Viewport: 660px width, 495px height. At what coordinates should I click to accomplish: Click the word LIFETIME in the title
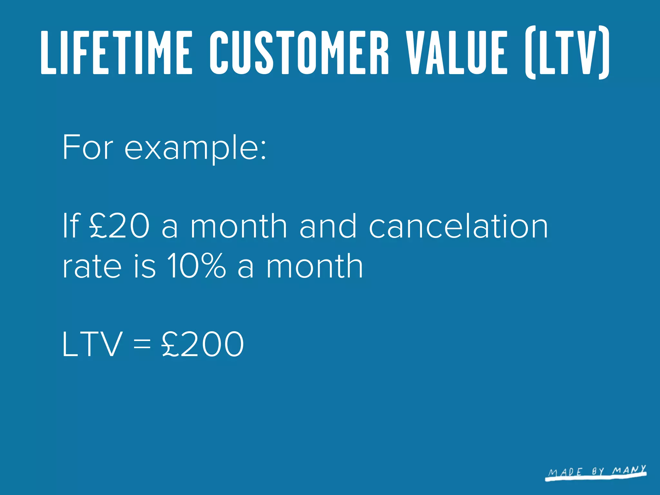coord(117,53)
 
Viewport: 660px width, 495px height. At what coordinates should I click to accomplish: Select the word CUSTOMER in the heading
coord(299,53)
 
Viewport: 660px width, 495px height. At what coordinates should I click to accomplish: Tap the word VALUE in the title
coord(456,53)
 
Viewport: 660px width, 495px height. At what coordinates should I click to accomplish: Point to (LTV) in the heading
coord(567,53)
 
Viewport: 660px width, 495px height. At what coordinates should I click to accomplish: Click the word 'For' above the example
coord(88,148)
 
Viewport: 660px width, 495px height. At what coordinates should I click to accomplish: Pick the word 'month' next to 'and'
coord(238,227)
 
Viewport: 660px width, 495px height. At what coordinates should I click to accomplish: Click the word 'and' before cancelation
coord(328,227)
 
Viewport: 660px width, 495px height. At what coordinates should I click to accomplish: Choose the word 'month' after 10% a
coord(315,266)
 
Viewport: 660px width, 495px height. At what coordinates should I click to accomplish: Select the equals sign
coord(142,344)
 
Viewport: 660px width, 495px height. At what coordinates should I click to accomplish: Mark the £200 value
coord(203,344)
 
